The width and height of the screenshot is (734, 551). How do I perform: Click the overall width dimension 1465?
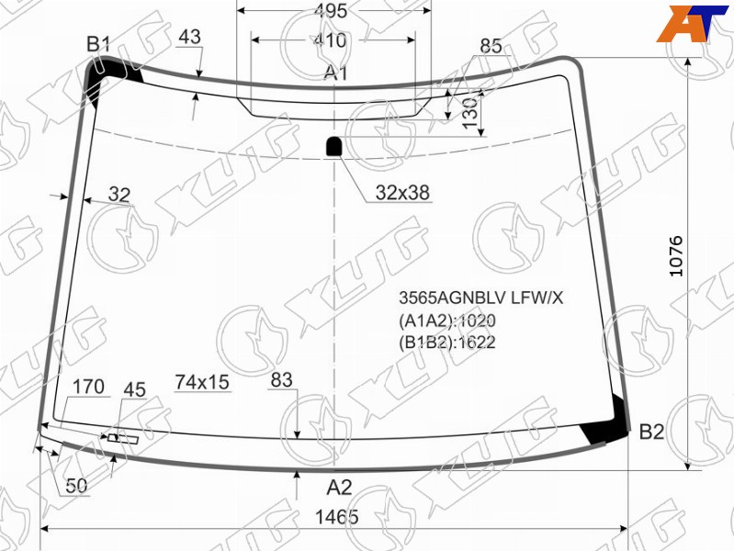(336, 517)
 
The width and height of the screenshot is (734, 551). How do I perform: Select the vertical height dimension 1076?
(676, 256)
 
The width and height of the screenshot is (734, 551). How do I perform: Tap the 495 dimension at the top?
(331, 11)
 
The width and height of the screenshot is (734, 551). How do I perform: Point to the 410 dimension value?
(330, 40)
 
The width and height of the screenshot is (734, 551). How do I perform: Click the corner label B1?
(98, 44)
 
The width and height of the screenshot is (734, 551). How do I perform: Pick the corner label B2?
(651, 432)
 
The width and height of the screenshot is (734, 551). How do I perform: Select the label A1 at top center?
(336, 73)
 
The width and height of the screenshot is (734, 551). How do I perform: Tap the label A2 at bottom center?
(339, 488)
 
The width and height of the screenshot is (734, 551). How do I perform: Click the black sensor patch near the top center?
(333, 146)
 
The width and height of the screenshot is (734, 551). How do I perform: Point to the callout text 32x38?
(402, 193)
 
